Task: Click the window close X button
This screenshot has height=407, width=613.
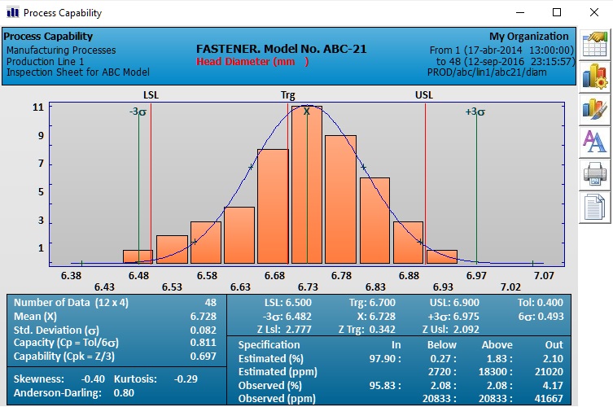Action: (593, 12)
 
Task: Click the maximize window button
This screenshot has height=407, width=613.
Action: (557, 12)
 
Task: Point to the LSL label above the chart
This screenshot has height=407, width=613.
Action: (151, 95)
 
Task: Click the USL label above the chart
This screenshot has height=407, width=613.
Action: (424, 95)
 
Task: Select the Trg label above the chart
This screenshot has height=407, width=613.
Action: (288, 95)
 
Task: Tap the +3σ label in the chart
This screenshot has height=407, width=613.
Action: (475, 112)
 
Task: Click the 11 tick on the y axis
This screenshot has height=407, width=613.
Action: (38, 107)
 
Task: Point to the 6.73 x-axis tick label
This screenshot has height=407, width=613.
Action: (308, 287)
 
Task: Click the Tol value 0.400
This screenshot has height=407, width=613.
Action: (548, 303)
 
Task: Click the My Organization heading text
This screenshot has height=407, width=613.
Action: (528, 37)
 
